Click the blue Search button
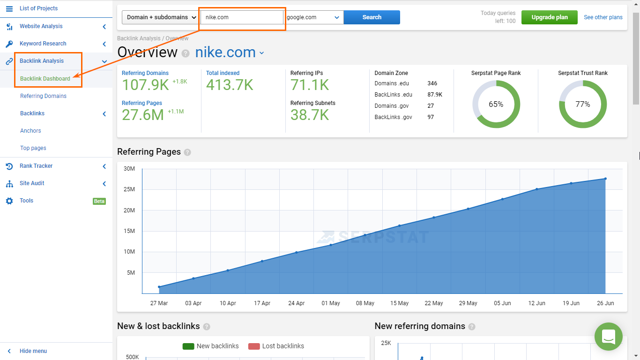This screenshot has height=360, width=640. (372, 17)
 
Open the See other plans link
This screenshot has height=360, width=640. (603, 17)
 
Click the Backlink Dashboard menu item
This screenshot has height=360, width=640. (45, 79)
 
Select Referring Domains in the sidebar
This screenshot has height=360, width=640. (43, 96)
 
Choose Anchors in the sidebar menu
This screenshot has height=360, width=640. (30, 131)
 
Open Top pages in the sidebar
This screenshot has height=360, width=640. (33, 148)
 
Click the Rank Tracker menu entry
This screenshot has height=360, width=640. (36, 166)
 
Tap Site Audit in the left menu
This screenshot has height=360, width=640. (32, 183)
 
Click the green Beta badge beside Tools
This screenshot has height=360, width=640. (99, 201)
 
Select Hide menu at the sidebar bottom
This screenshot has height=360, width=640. (33, 351)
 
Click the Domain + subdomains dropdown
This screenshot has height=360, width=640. (161, 17)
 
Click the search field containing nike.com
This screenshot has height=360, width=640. (242, 17)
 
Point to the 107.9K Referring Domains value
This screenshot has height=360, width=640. (145, 85)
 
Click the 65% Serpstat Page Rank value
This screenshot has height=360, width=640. (496, 104)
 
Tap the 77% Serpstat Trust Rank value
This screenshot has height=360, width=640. (583, 104)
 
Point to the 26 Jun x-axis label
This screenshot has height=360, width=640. (605, 303)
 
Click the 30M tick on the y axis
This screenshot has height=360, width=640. (129, 169)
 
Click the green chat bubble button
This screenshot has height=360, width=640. (608, 337)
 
